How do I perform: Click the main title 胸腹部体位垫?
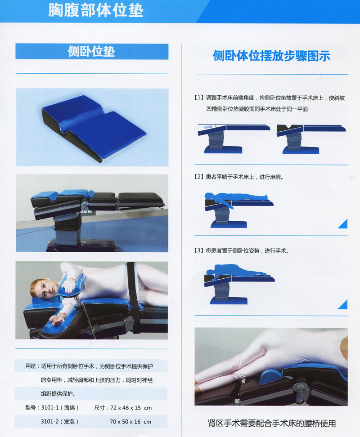pyautogui.click(x=95, y=11)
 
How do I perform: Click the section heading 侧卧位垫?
pyautogui.click(x=91, y=51)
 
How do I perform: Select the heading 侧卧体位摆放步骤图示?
pyautogui.click(x=271, y=56)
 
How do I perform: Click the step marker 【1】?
pyautogui.click(x=198, y=98)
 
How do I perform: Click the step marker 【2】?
pyautogui.click(x=198, y=177)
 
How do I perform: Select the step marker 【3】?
pyautogui.click(x=198, y=250)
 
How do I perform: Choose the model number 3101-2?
pyautogui.click(x=51, y=422)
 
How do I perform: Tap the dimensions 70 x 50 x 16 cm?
pyautogui.click(x=130, y=422)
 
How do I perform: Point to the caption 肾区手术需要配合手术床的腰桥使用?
pyautogui.click(x=272, y=423)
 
